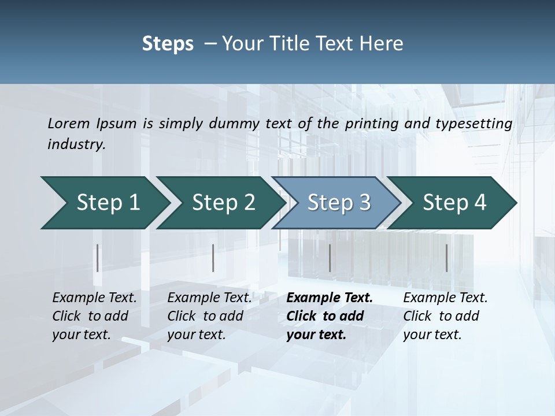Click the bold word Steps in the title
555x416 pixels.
click(x=168, y=43)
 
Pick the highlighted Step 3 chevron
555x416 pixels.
click(x=336, y=203)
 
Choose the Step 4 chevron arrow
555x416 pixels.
click(x=452, y=203)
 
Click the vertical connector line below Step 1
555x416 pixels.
click(x=98, y=258)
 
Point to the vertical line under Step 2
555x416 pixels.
click(x=213, y=258)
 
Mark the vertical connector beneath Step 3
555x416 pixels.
click(x=330, y=258)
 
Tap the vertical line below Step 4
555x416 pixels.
click(x=446, y=258)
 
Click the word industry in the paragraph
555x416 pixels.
click(x=76, y=144)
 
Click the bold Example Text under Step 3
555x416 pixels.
click(x=330, y=298)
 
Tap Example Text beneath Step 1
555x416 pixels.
click(x=94, y=298)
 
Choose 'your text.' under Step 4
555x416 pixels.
click(x=432, y=335)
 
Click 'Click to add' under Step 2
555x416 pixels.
click(x=205, y=316)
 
